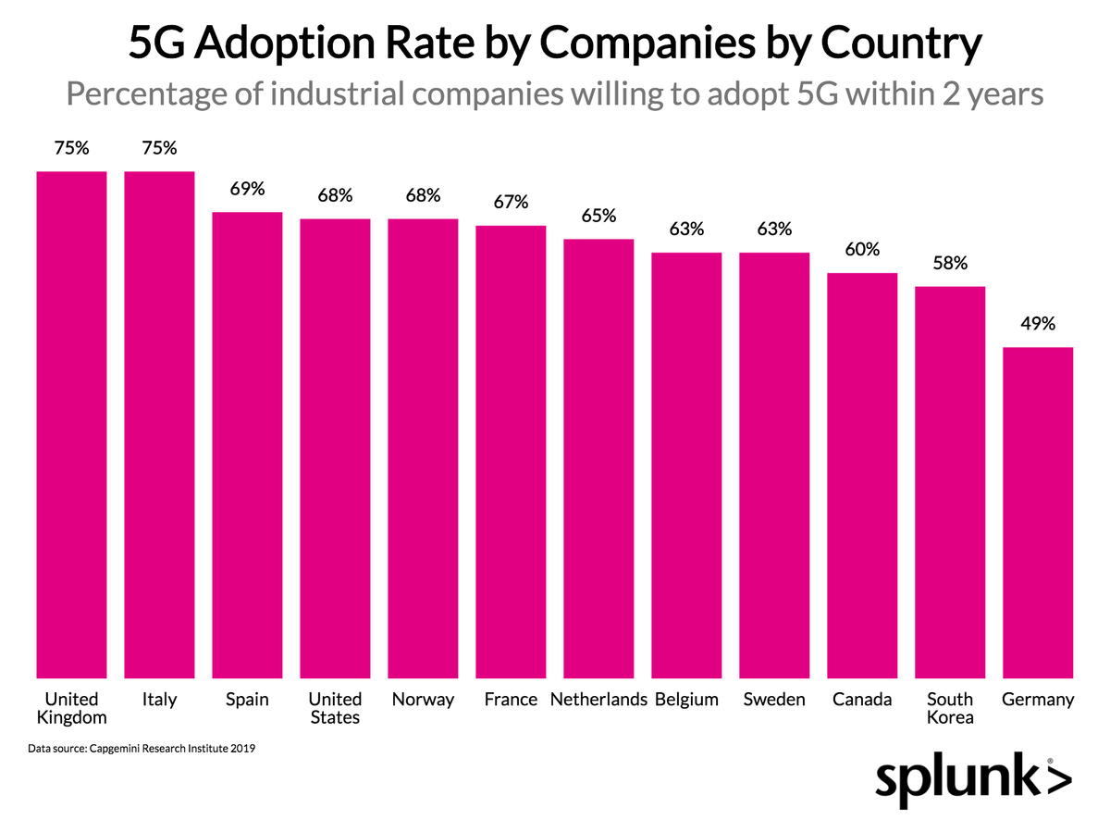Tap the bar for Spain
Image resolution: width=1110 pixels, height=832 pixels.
[x=247, y=444]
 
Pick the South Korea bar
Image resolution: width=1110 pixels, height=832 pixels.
[x=950, y=481]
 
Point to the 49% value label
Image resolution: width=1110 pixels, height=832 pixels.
[x=1038, y=325]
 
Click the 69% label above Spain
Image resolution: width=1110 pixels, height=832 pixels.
[x=247, y=190]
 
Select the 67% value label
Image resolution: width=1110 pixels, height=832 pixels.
[x=511, y=202]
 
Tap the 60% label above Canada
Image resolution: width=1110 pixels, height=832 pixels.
[x=862, y=250]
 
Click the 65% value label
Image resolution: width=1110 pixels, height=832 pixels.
[x=598, y=217]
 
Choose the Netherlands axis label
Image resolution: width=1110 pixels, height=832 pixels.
[x=598, y=700]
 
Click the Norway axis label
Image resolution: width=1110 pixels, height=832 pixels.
[x=423, y=700]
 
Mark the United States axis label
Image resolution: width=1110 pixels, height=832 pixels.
[x=335, y=708]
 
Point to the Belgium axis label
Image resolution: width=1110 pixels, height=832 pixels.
[x=686, y=700]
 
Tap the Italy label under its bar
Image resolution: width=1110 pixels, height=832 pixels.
[x=159, y=700]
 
